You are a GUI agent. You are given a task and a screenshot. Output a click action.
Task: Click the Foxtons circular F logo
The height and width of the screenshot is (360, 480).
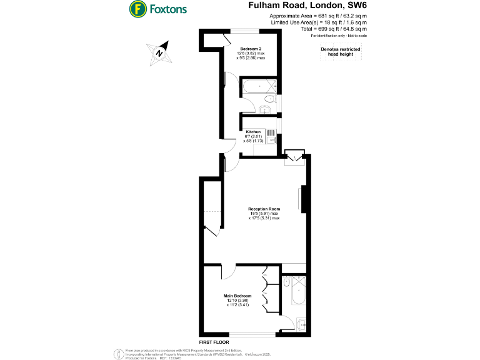(x=137, y=9)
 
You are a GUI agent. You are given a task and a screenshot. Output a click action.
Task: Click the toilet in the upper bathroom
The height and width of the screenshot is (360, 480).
(x=270, y=100)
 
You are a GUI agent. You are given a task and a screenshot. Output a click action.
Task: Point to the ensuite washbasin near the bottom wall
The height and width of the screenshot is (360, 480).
(x=301, y=324)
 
